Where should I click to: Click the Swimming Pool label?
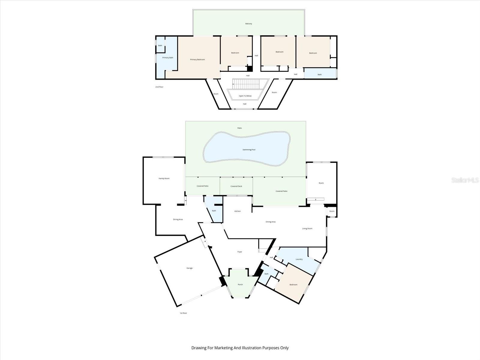click(249, 150)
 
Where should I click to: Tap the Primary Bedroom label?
click(197, 60)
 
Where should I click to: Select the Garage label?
click(189, 268)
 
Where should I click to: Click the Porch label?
click(240, 284)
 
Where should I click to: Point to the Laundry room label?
click(299, 259)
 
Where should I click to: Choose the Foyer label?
click(240, 252)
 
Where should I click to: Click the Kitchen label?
click(237, 211)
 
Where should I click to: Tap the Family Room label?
click(164, 178)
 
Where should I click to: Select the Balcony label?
click(248, 24)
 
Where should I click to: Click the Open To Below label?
click(245, 96)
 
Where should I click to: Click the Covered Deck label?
click(236, 186)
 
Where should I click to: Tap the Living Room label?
click(307, 229)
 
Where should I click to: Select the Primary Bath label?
click(168, 58)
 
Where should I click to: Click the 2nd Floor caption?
click(159, 87)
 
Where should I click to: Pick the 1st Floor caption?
click(183, 313)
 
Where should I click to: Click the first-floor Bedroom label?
click(293, 284)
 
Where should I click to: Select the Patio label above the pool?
click(239, 128)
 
